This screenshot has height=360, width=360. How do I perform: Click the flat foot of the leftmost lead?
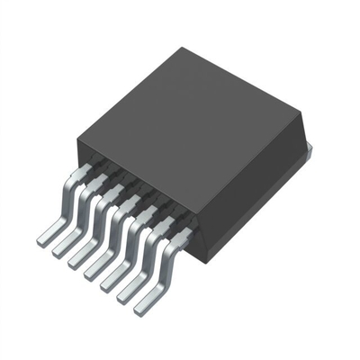45,239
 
